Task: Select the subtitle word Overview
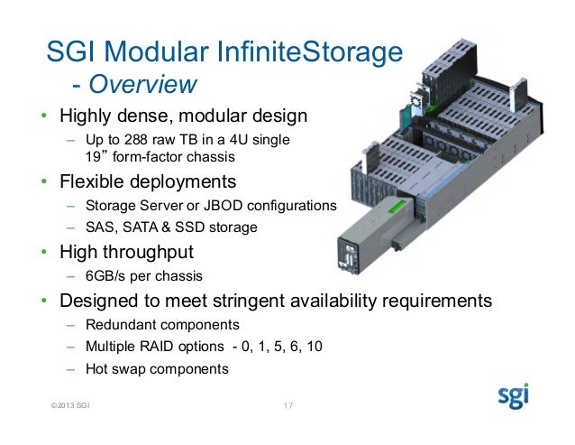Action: (x=145, y=85)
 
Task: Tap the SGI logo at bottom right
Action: (x=514, y=397)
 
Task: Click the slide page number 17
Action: (x=288, y=403)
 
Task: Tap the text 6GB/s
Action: (x=105, y=276)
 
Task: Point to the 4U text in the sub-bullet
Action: (x=229, y=141)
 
